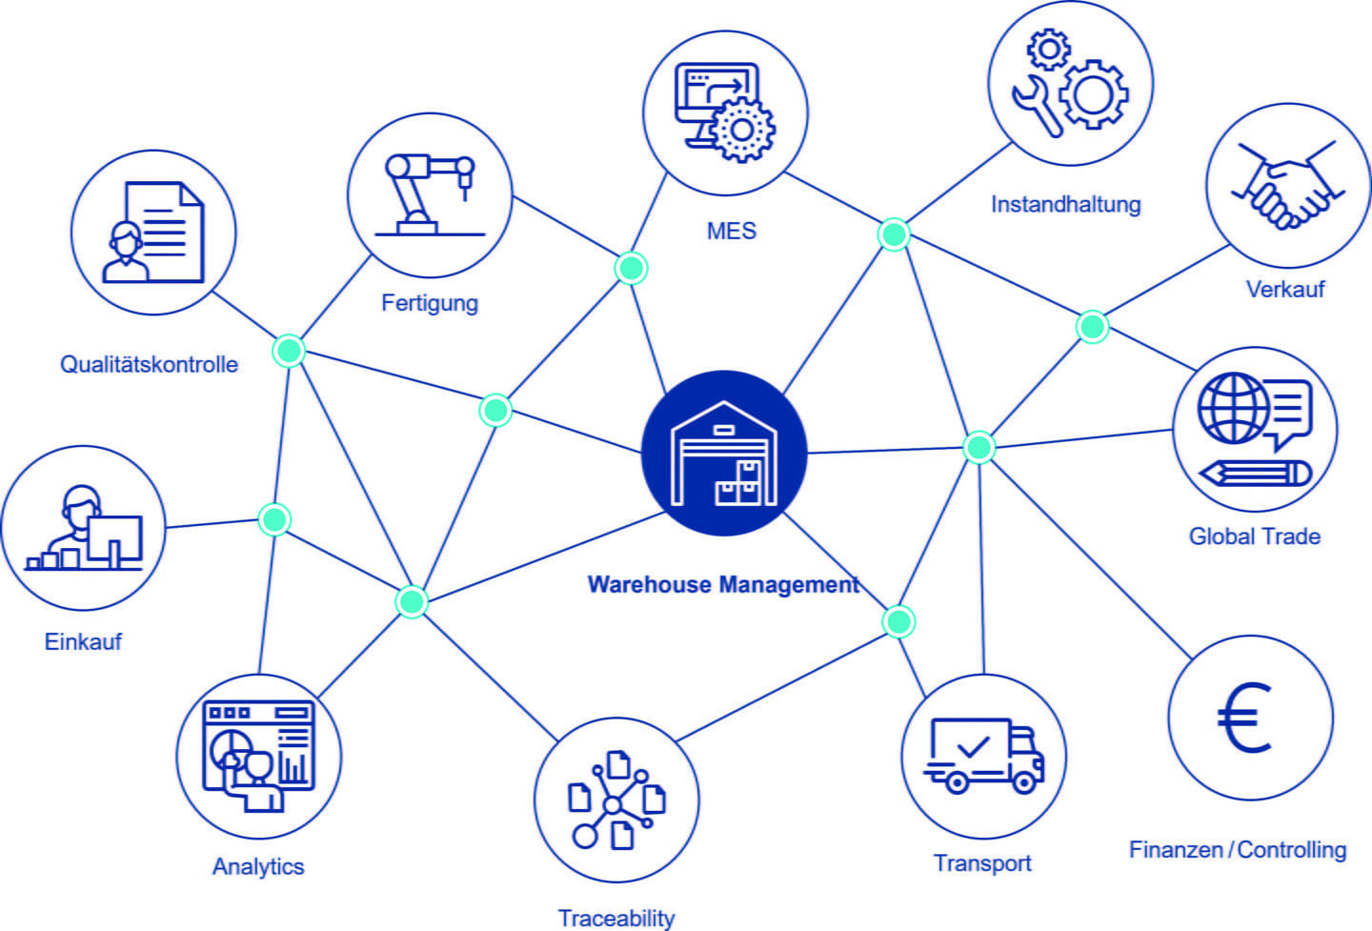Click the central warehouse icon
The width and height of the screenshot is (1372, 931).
tap(724, 454)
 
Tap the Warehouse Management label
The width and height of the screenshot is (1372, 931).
tap(723, 584)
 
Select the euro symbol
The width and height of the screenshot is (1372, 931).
tap(1245, 718)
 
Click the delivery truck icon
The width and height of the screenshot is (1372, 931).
tap(983, 756)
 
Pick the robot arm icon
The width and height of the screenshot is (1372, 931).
tap(429, 194)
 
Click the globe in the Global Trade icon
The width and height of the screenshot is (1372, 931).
tap(1233, 408)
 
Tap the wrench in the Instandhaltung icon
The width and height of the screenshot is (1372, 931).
tap(1038, 105)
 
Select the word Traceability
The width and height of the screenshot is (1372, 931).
tap(615, 918)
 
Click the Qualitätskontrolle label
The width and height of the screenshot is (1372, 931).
tap(149, 364)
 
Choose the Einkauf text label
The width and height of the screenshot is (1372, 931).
tap(83, 641)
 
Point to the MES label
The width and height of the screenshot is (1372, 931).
tap(731, 231)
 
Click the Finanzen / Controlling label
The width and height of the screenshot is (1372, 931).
tap(1237, 849)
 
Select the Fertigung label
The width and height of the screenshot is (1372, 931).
tap(429, 303)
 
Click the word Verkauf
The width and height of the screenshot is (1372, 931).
tap(1284, 289)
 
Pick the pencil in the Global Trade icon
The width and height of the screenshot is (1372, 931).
tap(1255, 472)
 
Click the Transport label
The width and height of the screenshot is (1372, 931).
tap(981, 863)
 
